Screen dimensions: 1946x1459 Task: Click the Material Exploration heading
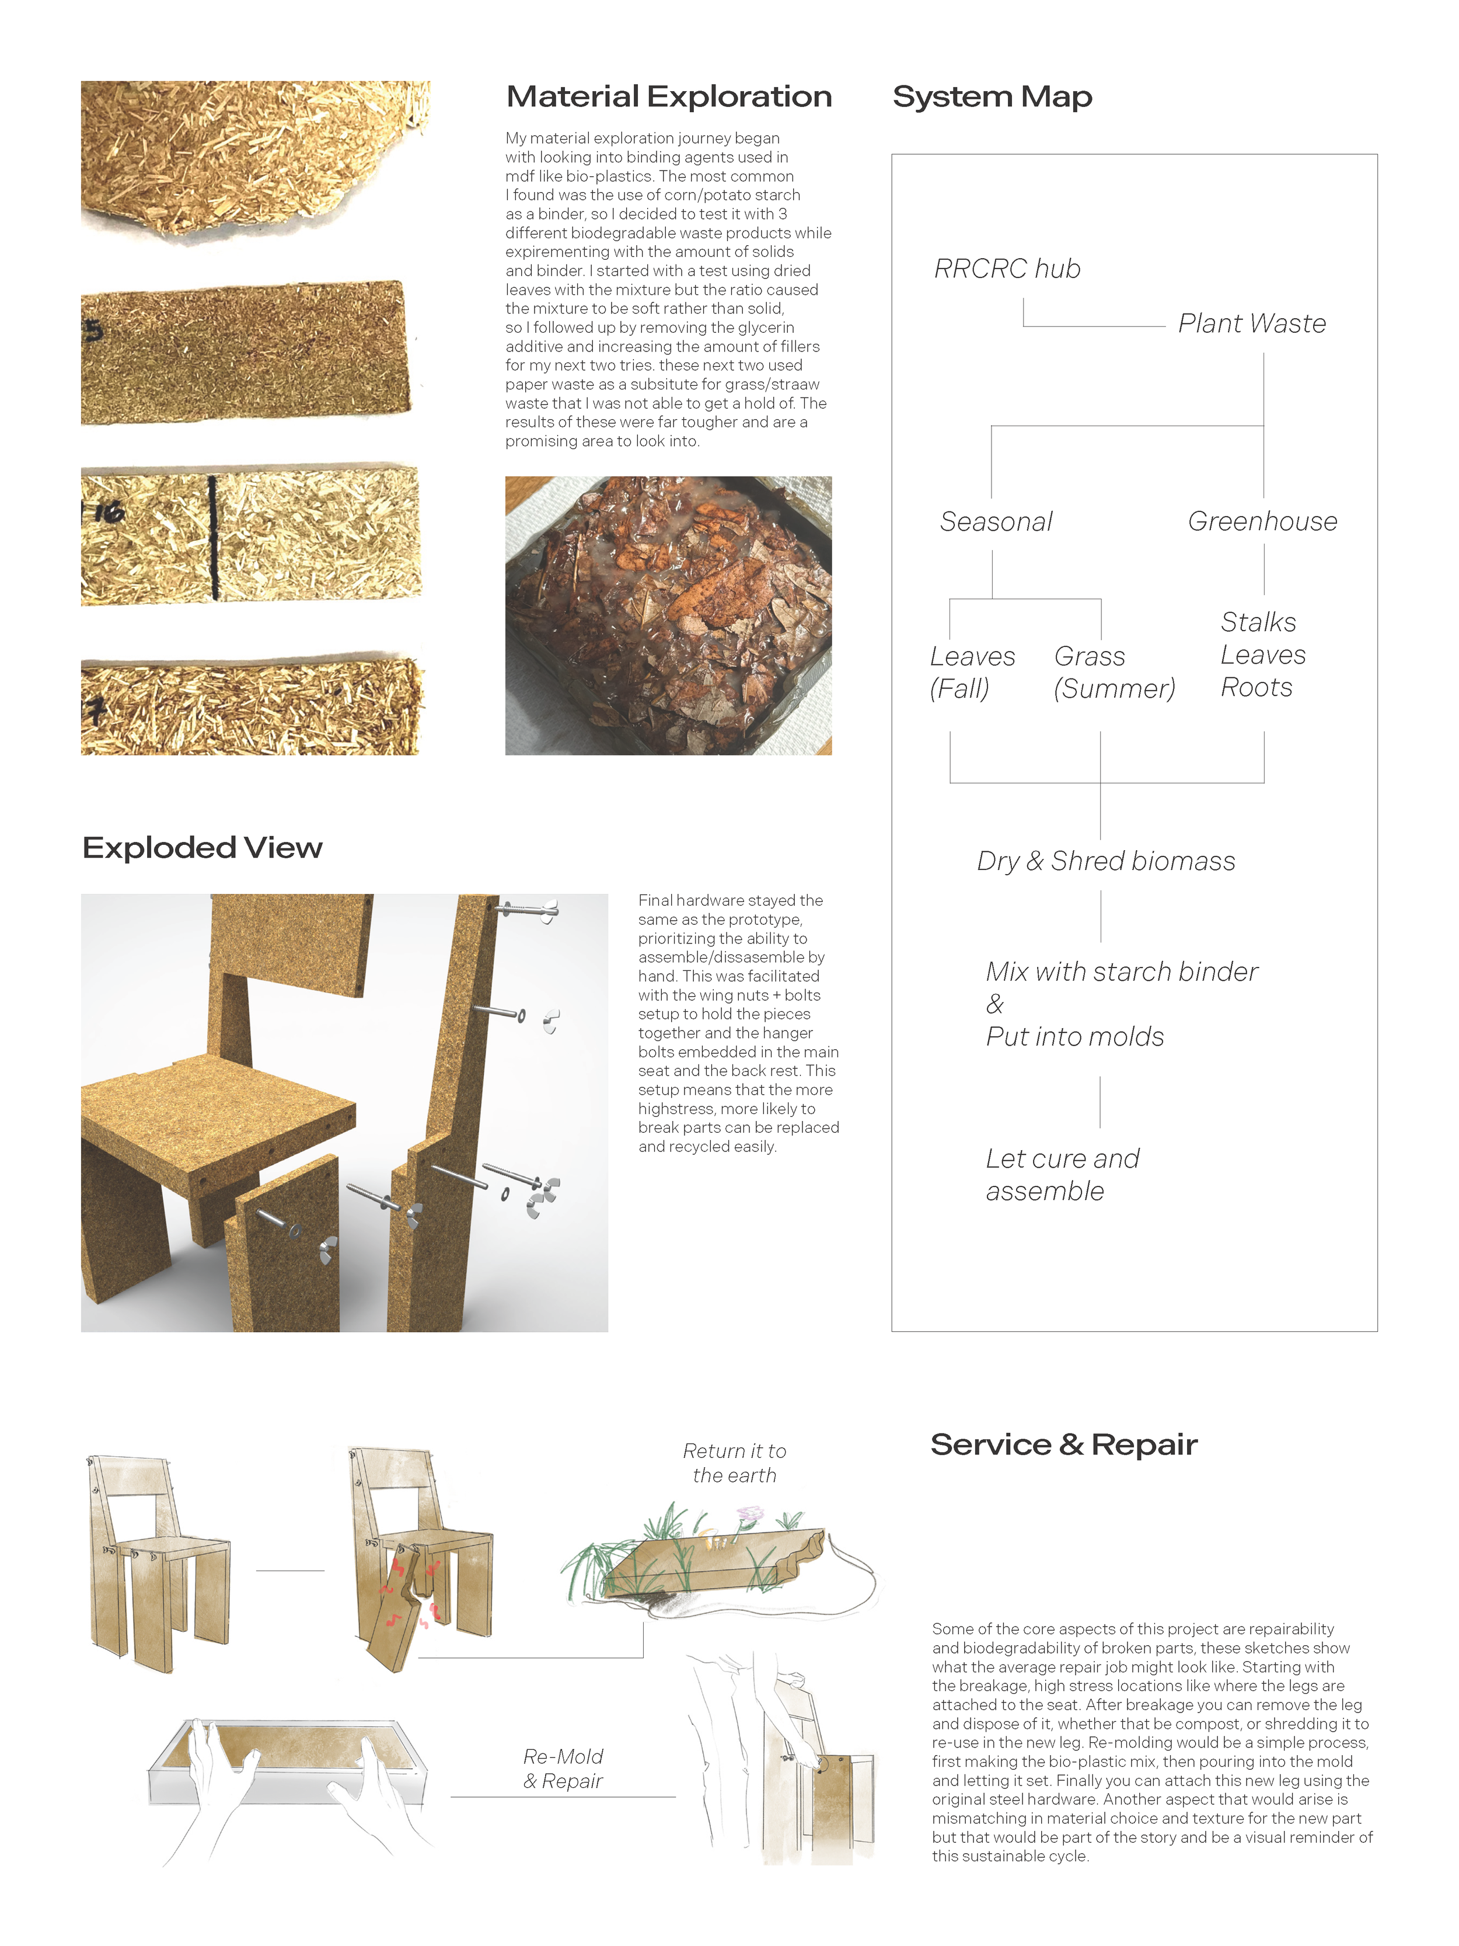pos(668,97)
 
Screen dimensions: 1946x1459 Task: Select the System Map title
pos(992,97)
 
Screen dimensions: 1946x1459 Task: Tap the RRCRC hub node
pos(1007,269)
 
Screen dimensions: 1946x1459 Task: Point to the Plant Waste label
pos(1251,323)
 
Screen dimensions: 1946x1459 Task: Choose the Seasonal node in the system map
pos(996,522)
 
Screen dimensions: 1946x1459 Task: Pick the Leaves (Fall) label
pos(972,672)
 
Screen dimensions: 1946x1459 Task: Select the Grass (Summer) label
pos(1114,672)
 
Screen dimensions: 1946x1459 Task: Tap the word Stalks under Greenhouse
pos(1258,622)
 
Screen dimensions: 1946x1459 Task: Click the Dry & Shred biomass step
pos(1105,861)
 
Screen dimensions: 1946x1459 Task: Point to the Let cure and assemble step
pos(1062,1175)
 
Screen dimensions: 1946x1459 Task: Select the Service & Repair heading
pos(1063,1444)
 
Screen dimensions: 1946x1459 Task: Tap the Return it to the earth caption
pos(734,1463)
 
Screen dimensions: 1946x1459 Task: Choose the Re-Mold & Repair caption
pos(563,1769)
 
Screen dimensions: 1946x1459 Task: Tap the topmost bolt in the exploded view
pos(528,909)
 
